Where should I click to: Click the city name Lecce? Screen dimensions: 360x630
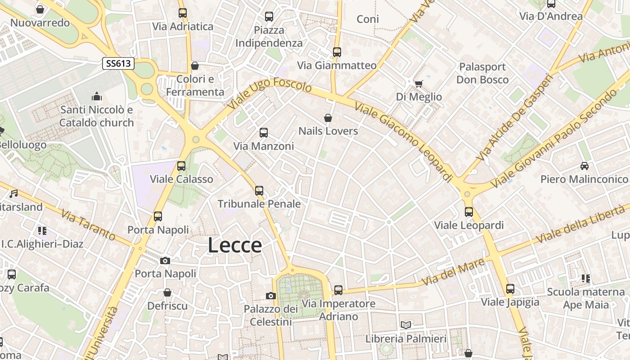[x=235, y=245]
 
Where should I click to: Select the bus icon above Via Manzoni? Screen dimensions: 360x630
[x=264, y=133]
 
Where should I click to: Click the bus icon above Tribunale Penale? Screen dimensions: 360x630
[x=259, y=190]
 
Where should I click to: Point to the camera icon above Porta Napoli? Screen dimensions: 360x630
[x=165, y=261]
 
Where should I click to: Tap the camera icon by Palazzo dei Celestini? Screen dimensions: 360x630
[x=270, y=296]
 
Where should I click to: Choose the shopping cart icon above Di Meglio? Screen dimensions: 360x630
[x=418, y=83]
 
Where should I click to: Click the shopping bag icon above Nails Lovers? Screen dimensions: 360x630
[x=328, y=118]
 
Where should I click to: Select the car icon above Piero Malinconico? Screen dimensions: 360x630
[x=584, y=166]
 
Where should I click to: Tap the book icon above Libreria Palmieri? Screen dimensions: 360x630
[x=406, y=325]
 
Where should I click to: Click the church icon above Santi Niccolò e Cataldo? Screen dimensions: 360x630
[x=97, y=96]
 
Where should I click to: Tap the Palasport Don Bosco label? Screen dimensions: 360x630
[x=482, y=73]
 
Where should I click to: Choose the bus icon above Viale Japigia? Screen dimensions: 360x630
[x=510, y=288]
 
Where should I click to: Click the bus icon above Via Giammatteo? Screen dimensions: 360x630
[x=337, y=52]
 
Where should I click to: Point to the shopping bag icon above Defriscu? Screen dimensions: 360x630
[x=167, y=292]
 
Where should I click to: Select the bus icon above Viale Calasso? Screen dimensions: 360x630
[x=181, y=166]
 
